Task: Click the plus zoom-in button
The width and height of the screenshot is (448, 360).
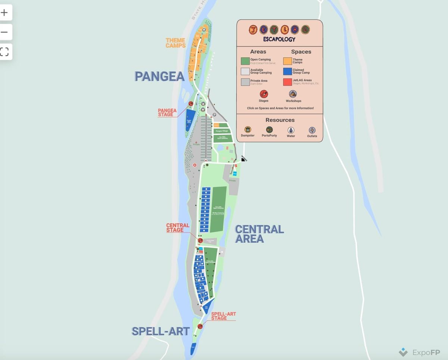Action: (4, 13)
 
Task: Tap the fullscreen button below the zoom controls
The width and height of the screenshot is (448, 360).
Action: (4, 52)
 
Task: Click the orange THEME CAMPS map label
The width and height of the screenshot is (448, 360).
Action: (175, 43)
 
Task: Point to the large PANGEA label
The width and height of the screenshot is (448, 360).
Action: (159, 77)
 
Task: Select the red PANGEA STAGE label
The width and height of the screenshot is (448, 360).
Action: (167, 112)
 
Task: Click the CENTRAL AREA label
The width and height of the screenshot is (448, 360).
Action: (259, 234)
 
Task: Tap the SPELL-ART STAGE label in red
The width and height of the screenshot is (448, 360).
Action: (223, 316)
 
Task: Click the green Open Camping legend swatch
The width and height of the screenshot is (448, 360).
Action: (245, 61)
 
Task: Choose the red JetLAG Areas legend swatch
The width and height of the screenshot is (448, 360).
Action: (287, 82)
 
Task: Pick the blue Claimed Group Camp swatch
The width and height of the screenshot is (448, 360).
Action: (287, 71)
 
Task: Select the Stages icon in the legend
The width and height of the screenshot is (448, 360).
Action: (264, 94)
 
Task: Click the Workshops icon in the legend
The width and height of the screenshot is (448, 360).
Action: (293, 94)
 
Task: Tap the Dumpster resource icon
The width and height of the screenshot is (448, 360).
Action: (248, 130)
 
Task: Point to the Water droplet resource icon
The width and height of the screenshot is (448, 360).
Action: (291, 130)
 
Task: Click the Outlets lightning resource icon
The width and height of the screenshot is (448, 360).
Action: (312, 130)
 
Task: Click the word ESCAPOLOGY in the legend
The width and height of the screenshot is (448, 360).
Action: (279, 39)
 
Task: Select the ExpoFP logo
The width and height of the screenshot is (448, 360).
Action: (419, 353)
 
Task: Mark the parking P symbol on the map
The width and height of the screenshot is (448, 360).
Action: (214, 115)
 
